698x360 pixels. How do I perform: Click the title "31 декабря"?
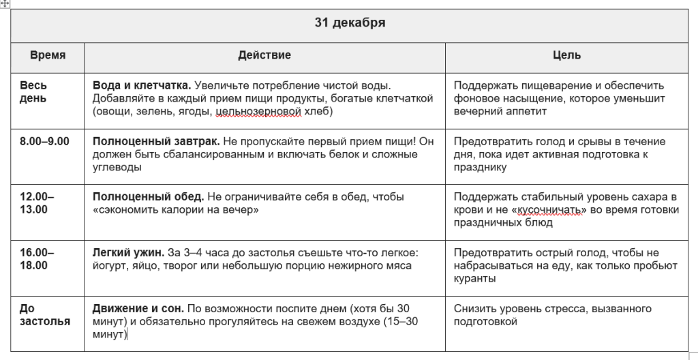[350, 23]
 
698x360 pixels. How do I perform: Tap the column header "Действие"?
[264, 55]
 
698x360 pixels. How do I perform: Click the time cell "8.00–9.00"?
[44, 142]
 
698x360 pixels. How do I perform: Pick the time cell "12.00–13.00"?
[37, 203]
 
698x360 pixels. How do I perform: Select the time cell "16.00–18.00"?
[37, 259]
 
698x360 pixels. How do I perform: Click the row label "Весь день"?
[34, 92]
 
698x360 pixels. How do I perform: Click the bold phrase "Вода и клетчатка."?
[141, 86]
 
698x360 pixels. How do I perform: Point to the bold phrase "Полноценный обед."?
[148, 197]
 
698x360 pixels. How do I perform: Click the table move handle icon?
[5, 3]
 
